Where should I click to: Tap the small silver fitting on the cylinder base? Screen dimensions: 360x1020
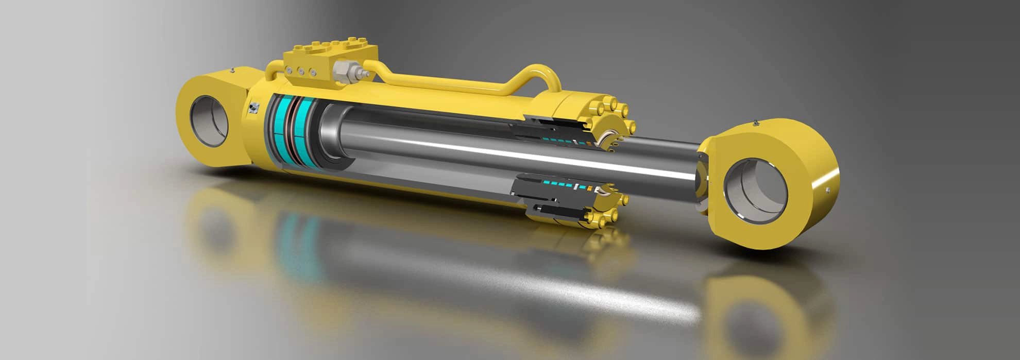253,107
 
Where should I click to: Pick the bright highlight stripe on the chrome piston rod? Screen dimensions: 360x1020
515,155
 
